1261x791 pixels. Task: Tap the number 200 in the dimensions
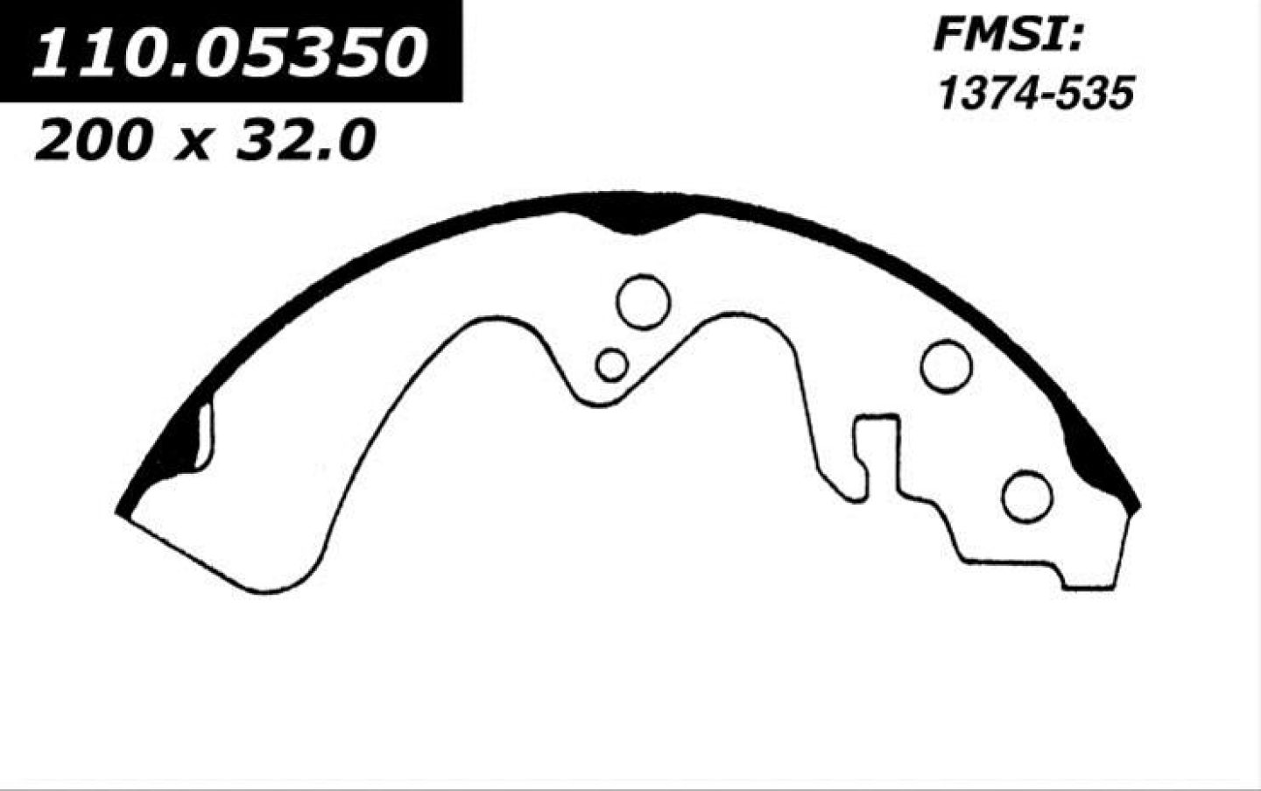pos(94,140)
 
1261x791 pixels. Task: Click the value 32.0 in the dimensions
pos(306,140)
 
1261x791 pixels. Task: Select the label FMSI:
pos(1008,36)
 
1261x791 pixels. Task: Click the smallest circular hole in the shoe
pos(612,364)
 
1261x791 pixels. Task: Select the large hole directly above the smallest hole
pos(644,301)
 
